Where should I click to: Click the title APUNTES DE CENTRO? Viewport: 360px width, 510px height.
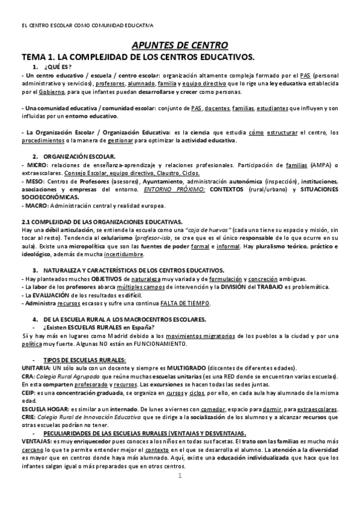[180, 45]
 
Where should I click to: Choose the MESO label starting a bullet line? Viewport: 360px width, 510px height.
[35, 181]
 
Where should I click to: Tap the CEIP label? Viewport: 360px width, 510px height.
[28, 392]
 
